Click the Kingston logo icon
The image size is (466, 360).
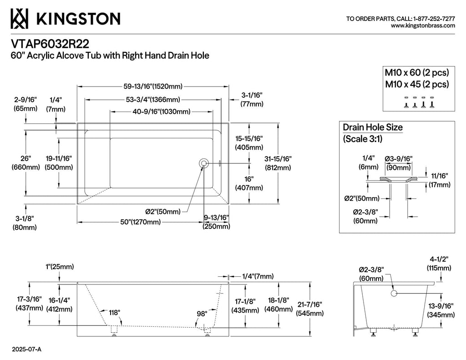tap(19, 18)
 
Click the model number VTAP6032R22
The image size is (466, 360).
tap(50, 44)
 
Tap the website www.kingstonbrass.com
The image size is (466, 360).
tap(423, 26)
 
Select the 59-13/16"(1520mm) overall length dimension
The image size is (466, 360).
tap(153, 86)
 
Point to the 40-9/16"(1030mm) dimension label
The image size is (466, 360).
tap(162, 112)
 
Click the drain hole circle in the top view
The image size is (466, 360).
tap(204, 163)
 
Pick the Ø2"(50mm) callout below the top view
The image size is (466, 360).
tap(163, 212)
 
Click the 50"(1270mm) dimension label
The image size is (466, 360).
tap(140, 222)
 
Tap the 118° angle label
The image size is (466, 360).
tap(114, 313)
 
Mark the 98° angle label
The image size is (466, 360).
tap(202, 314)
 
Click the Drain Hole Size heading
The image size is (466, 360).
tap(373, 127)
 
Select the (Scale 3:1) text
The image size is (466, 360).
tap(363, 139)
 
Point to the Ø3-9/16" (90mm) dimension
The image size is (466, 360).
tap(399, 163)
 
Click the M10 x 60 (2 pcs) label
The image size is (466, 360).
tap(417, 72)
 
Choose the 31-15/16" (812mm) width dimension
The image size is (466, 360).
tap(278, 163)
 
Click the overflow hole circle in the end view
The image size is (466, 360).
tap(394, 294)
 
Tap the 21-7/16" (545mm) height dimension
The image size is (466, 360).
tap(309, 309)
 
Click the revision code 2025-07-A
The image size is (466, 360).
tap(26, 349)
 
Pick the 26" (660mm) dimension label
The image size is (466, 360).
tap(25, 163)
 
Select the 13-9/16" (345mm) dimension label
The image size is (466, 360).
tap(441, 310)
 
